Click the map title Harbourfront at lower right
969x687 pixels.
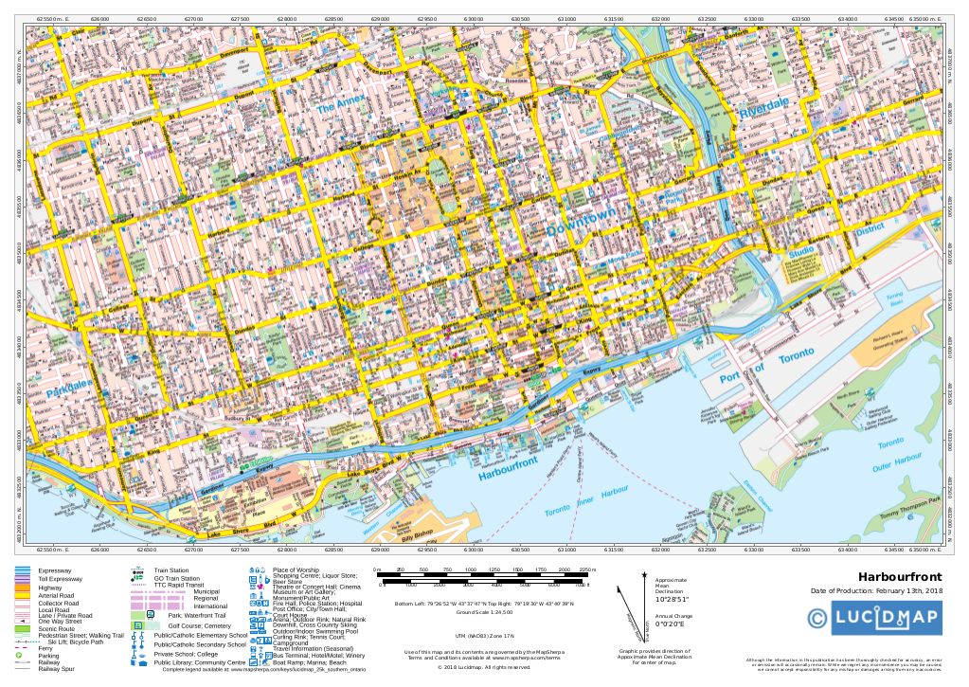(x=899, y=577)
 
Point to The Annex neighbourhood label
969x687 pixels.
(x=340, y=109)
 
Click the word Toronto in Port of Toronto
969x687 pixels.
(x=796, y=357)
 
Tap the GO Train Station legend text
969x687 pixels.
(x=177, y=578)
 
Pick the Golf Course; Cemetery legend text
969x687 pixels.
(x=199, y=626)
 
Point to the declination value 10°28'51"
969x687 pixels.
(x=673, y=599)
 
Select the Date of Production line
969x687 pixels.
(x=876, y=592)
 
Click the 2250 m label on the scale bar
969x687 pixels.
(x=586, y=569)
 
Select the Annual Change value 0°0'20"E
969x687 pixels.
(x=673, y=624)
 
